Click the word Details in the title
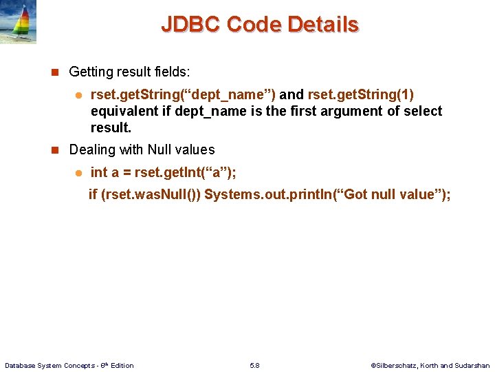(323, 25)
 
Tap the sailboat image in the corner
(18, 22)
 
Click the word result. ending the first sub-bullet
(111, 127)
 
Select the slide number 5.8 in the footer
(254, 365)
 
